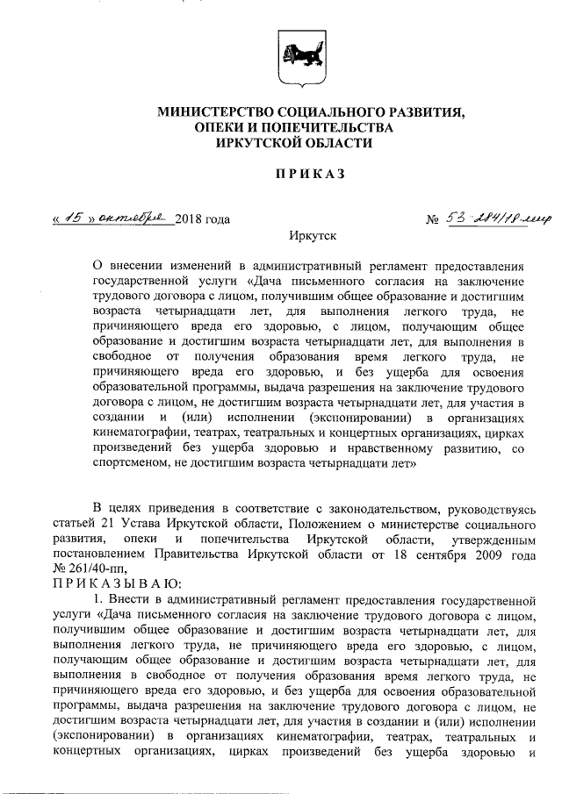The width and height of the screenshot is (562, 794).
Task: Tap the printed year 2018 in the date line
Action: [191, 218]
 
